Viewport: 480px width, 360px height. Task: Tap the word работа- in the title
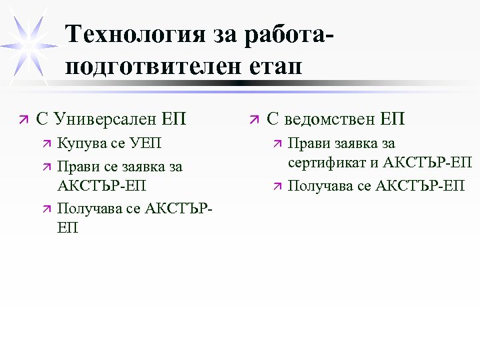click(281, 34)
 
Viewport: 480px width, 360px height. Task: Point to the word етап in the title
click(274, 67)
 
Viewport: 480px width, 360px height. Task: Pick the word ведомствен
click(331, 119)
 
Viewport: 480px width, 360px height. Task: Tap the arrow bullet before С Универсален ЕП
click(25, 120)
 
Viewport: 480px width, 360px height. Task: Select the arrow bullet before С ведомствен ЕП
click(254, 120)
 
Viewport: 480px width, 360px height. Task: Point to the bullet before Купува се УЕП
click(45, 144)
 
